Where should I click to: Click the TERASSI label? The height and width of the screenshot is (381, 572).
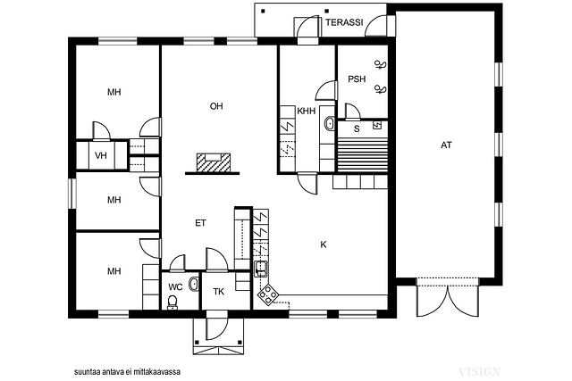pos(344,22)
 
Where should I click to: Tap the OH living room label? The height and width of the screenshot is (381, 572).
pos(216,106)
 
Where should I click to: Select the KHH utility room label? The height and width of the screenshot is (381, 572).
pos(306,112)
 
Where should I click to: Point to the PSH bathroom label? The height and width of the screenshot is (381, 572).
pos(357,79)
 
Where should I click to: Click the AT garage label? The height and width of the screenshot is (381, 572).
pos(446,145)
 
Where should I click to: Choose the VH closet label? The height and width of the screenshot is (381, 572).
pos(101,156)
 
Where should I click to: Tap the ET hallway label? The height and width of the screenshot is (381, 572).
pos(200,223)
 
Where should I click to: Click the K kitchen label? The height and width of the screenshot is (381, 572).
pos(324,244)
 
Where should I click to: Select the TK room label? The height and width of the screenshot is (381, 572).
pos(218,292)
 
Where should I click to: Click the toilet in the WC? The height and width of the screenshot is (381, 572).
pos(172,302)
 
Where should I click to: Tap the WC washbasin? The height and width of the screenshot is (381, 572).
pos(193,284)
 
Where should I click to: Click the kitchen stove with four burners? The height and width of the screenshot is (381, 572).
pos(268,294)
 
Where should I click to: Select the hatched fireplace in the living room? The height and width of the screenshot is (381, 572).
pos(214,162)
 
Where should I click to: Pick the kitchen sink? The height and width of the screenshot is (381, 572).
pos(261,269)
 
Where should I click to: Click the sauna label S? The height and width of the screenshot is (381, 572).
pos(357,128)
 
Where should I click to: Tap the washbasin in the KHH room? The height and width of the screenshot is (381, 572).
pos(330,123)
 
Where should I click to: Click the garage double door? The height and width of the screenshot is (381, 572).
pos(447,298)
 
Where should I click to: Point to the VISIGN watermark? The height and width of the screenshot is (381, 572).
pos(479,372)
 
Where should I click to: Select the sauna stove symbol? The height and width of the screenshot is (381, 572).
pos(377,125)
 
